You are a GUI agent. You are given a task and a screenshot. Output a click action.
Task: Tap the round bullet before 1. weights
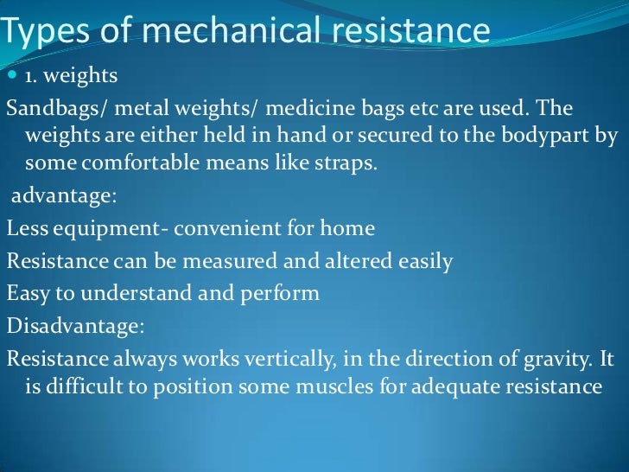[12, 76]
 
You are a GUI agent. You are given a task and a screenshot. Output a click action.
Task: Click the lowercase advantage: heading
[62, 196]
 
